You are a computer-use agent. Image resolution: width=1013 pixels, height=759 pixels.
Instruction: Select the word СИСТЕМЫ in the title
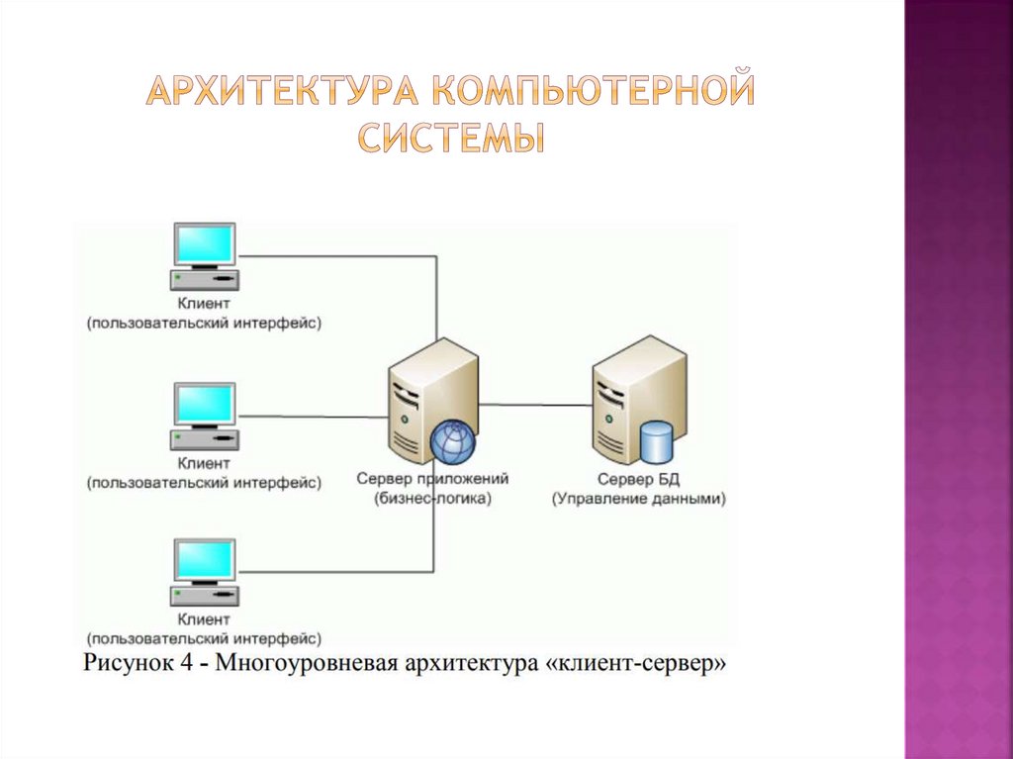coord(450,138)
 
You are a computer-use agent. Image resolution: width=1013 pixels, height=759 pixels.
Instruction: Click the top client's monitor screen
coord(205,243)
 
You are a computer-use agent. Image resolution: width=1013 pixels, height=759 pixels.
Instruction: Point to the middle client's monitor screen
coord(205,404)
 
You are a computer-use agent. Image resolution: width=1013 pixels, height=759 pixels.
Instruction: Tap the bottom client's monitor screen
coord(205,560)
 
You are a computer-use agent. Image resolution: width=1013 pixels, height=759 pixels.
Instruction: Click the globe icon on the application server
coord(452,440)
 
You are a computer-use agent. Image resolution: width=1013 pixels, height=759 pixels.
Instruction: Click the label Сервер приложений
coord(433,479)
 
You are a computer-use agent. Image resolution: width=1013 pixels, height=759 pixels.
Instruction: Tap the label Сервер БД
coord(639,479)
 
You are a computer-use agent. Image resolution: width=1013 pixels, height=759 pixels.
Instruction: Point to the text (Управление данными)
coord(639,500)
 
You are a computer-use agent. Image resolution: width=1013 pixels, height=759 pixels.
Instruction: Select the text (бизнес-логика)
coord(432,500)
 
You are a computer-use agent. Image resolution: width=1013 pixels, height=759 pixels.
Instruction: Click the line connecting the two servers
coord(535,404)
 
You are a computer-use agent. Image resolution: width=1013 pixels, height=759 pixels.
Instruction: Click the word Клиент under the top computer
coord(204,304)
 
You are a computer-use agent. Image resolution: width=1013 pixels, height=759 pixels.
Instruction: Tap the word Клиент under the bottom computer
coord(204,620)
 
